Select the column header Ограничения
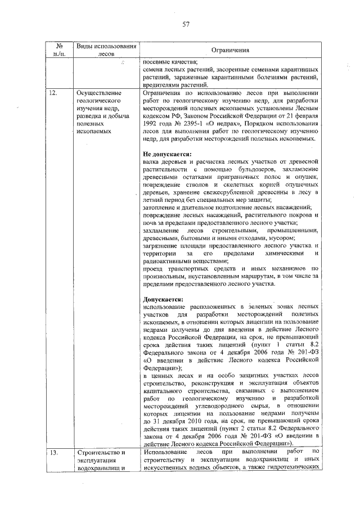pyautogui.click(x=230, y=51)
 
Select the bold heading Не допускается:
pyautogui.click(x=167, y=154)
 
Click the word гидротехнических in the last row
pyautogui.click(x=293, y=467)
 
